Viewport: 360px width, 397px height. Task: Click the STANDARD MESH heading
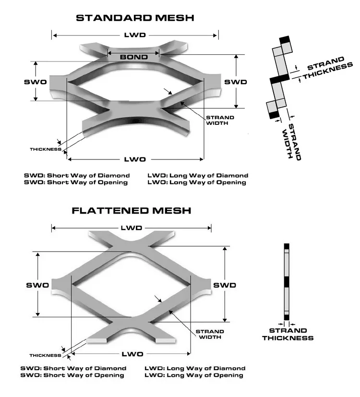click(x=135, y=18)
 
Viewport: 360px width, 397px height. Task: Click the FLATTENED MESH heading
click(x=132, y=210)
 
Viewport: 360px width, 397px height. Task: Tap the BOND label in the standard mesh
click(x=133, y=57)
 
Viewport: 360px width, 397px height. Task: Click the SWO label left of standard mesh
click(x=36, y=82)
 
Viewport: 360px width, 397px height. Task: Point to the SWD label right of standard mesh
click(x=236, y=82)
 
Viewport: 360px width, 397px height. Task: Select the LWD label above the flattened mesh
click(x=132, y=227)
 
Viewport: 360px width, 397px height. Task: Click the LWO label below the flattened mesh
click(x=132, y=354)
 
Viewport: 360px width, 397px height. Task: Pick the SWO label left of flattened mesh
click(x=37, y=285)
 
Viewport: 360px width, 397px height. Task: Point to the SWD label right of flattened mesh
click(x=225, y=285)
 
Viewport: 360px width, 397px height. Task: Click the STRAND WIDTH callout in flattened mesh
click(x=210, y=334)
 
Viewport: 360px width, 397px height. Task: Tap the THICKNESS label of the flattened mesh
click(x=45, y=355)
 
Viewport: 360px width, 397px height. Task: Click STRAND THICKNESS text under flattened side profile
click(x=288, y=334)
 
